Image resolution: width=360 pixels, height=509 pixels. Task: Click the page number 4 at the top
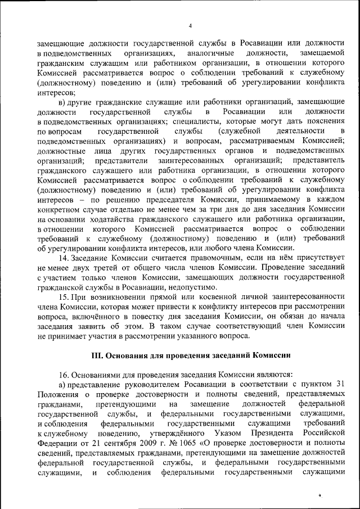coord(190,26)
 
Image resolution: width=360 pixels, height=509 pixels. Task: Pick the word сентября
coord(84,444)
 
